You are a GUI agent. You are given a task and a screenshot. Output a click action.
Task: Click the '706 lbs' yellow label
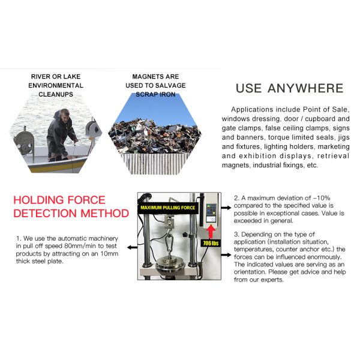(x=211, y=243)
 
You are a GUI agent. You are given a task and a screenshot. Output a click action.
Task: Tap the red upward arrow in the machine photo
(x=211, y=232)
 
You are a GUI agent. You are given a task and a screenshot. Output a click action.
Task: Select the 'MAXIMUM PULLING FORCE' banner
(x=167, y=208)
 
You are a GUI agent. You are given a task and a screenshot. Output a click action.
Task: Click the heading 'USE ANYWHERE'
(x=290, y=88)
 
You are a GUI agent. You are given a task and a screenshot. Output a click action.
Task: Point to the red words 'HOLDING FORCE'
(x=59, y=200)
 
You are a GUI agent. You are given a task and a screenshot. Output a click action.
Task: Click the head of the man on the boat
(x=64, y=114)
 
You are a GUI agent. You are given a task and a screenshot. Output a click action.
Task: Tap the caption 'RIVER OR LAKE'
(x=56, y=76)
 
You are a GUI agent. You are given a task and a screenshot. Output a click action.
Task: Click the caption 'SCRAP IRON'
(x=155, y=94)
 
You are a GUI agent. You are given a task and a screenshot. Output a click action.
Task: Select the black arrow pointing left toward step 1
(x=132, y=247)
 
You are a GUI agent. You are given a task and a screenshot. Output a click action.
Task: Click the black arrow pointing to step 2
(x=226, y=208)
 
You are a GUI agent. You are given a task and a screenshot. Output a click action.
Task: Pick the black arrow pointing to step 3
(x=226, y=254)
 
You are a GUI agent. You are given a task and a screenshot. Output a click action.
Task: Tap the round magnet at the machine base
(x=170, y=266)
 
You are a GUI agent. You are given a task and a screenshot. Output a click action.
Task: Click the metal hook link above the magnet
(x=169, y=242)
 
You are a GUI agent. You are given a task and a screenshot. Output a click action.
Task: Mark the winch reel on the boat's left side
(x=23, y=142)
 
